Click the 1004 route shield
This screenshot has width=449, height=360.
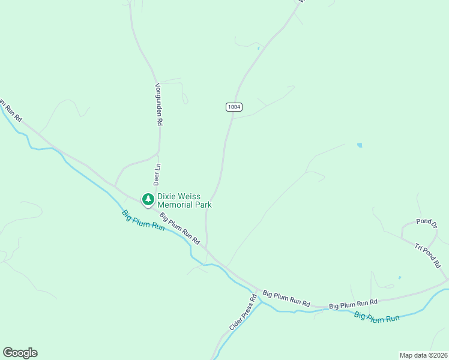(x=234, y=107)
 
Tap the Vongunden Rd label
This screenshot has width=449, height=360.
(x=159, y=104)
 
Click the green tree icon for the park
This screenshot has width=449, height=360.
(x=148, y=199)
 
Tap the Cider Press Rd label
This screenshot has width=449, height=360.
(x=243, y=312)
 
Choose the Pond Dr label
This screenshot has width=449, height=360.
(x=427, y=221)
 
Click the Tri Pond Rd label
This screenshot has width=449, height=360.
(x=428, y=255)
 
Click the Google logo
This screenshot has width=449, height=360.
(x=20, y=353)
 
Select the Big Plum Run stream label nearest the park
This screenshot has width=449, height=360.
(x=143, y=220)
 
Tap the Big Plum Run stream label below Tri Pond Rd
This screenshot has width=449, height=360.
(x=377, y=317)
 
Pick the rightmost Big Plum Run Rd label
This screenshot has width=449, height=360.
(x=353, y=303)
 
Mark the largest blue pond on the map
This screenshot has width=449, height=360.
(x=360, y=145)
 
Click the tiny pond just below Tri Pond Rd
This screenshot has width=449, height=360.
(x=400, y=278)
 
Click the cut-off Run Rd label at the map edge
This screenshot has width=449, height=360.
(x=10, y=110)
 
